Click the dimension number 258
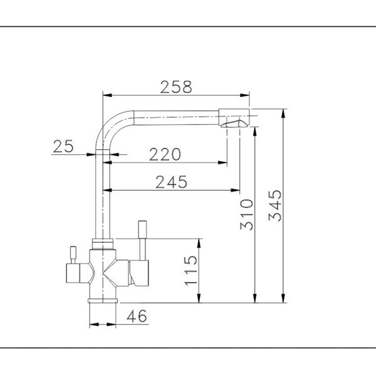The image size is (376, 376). click(176, 87)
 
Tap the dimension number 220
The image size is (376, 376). click(165, 154)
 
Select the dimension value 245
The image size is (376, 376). click(171, 182)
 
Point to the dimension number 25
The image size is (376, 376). click(63, 146)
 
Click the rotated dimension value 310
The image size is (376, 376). click(246, 214)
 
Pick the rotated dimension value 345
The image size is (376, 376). click(275, 206)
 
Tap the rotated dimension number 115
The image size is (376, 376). click(191, 271)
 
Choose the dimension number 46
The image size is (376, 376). click(137, 316)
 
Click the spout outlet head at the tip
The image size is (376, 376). click(234, 118)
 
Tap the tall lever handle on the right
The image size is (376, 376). click(142, 241)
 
